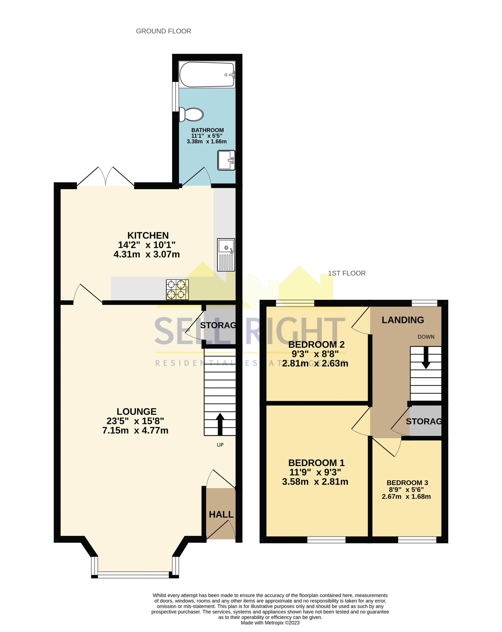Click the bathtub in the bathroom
(207, 74)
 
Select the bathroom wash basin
(226, 160)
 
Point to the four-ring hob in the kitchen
(177, 289)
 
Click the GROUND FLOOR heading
(163, 31)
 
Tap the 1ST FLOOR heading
(347, 273)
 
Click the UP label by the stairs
(220, 445)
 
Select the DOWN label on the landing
(426, 337)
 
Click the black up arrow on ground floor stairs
(220, 424)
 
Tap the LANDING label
(403, 320)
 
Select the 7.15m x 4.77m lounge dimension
(135, 430)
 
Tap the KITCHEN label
(148, 235)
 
